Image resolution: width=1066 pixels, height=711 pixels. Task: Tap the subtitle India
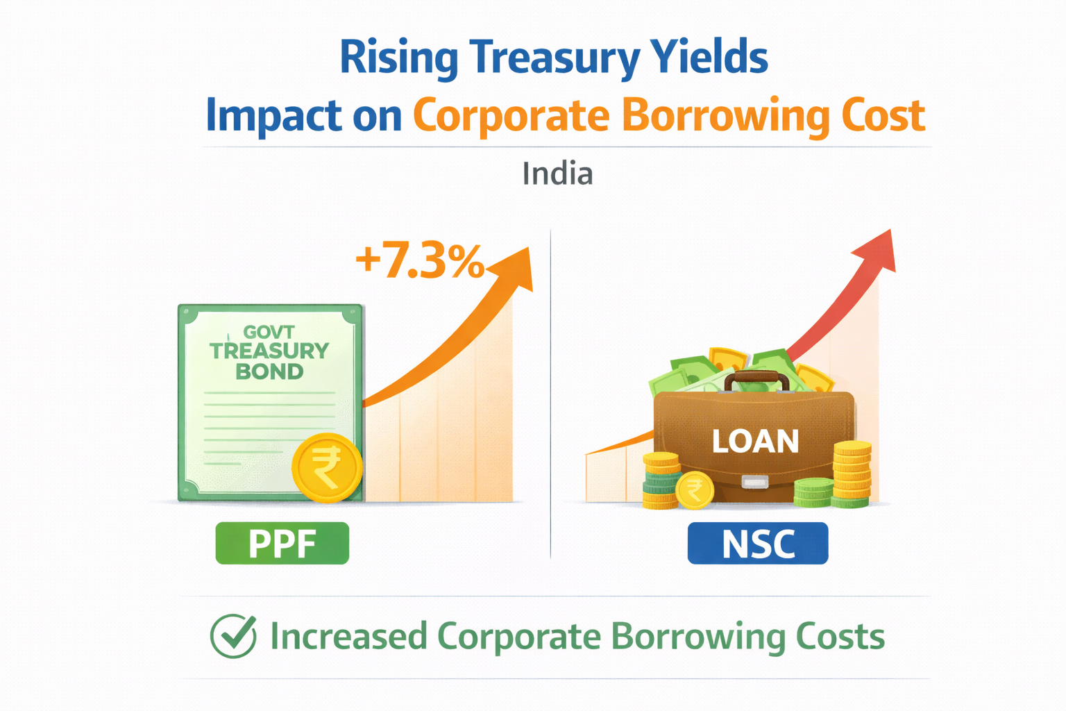[557, 174]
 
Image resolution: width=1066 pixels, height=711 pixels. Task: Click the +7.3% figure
[419, 262]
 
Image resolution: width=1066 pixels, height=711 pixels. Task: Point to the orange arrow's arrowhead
[518, 267]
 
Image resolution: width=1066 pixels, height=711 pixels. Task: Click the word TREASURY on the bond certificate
[269, 351]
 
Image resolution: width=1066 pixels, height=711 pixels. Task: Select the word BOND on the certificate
[269, 372]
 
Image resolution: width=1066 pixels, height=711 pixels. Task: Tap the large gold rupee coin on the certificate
[327, 468]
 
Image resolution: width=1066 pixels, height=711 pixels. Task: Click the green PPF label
[282, 544]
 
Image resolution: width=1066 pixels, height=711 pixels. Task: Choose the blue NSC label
[758, 544]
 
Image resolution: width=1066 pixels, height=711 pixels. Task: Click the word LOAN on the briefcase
[755, 442]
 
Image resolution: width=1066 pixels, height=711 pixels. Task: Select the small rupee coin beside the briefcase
[694, 490]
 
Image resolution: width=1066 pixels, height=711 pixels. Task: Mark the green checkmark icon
[233, 636]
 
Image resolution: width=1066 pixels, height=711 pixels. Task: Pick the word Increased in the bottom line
[348, 637]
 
